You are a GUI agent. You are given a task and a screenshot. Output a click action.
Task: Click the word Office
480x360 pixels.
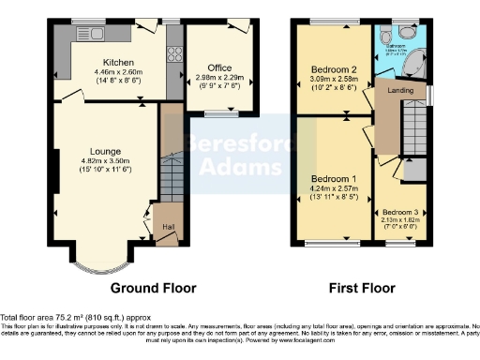click(219, 67)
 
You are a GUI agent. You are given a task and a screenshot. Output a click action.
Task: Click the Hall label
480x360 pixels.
click(168, 227)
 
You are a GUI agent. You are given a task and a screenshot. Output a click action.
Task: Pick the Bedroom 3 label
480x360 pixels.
click(401, 213)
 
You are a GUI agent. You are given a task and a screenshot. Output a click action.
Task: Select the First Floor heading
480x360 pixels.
click(359, 288)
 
